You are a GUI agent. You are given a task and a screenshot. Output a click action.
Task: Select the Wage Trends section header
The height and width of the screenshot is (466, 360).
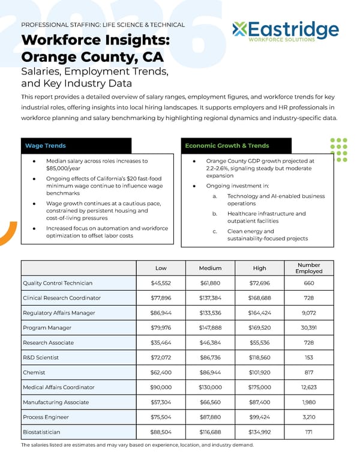46,146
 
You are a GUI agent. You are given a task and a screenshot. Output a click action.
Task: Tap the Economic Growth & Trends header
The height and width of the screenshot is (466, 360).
227,146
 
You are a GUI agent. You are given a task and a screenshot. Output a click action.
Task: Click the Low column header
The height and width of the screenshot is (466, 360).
161,268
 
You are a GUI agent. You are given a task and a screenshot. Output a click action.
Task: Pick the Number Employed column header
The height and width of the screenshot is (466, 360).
308,268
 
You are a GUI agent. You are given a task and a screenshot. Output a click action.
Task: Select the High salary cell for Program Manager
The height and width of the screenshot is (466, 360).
259,327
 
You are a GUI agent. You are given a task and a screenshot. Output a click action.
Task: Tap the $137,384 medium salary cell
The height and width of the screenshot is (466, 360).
210,298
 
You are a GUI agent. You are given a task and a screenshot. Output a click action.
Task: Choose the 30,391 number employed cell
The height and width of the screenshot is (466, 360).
308,327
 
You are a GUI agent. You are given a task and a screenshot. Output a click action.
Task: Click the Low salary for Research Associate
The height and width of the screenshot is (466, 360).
161,342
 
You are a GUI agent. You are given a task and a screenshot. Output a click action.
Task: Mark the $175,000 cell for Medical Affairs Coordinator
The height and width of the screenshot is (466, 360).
259,387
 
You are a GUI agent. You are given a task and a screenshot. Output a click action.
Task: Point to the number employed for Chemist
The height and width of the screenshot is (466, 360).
308,372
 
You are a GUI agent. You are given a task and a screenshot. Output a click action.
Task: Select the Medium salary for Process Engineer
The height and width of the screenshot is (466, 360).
210,417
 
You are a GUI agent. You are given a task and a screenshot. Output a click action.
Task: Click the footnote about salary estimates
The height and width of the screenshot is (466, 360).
137,445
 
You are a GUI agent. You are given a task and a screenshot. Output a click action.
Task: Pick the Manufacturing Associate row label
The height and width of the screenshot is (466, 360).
55,402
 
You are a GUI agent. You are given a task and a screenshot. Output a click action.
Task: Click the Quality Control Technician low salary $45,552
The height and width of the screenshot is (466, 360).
161,283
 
